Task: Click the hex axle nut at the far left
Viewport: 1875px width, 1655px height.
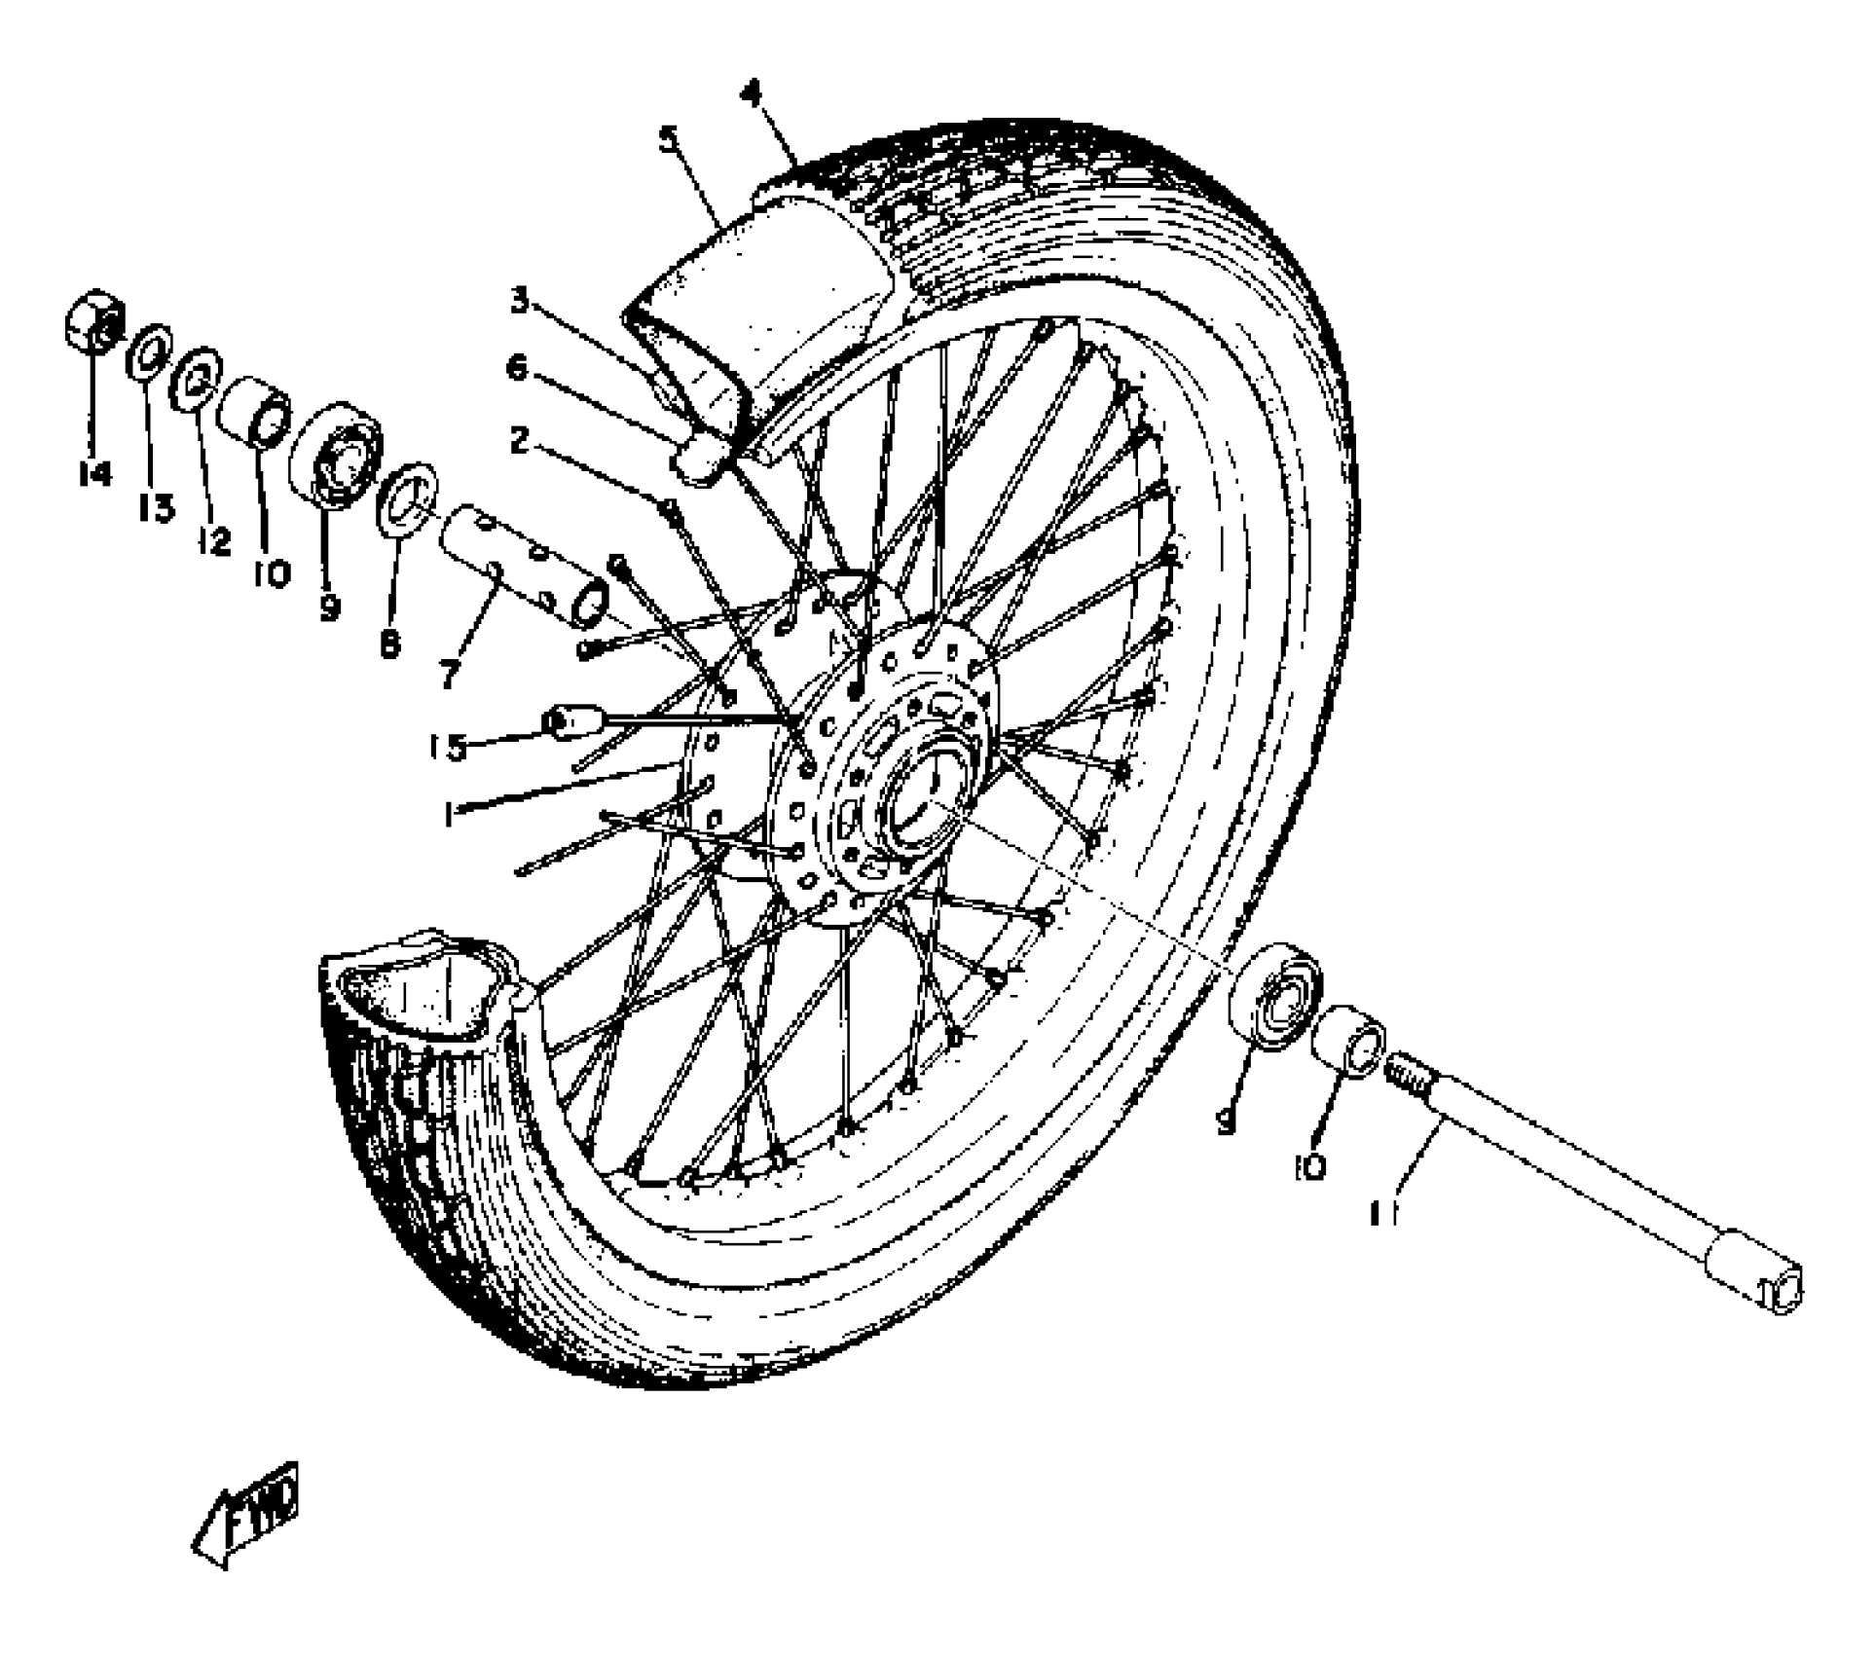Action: click(93, 320)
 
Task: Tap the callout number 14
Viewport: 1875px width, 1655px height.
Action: click(94, 474)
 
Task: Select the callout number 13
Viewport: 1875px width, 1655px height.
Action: click(157, 507)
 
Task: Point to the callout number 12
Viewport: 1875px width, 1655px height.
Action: click(213, 540)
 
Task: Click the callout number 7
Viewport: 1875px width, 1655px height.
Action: click(449, 674)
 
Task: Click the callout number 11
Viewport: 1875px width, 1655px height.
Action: click(1383, 1215)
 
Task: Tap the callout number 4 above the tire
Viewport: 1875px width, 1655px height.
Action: click(750, 94)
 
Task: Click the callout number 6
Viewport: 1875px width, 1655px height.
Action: click(517, 368)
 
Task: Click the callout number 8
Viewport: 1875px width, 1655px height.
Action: click(389, 643)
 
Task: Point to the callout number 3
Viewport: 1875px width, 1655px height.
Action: click(520, 301)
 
